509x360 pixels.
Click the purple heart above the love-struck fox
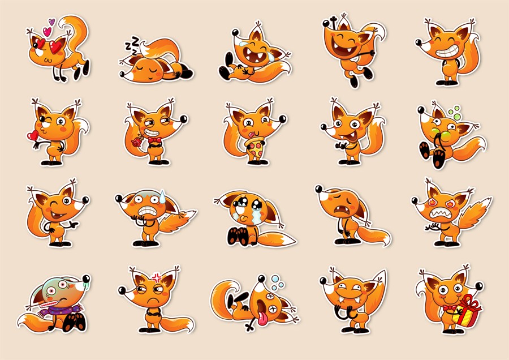pos(51,22)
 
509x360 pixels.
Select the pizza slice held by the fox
pos(256,148)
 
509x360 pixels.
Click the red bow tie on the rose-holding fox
pos(154,140)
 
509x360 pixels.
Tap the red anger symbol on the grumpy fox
pos(157,277)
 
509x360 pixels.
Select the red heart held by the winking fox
pos(32,135)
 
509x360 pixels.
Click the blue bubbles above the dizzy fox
pos(277,282)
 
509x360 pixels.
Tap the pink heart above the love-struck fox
pos(48,32)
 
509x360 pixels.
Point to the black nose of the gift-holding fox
pos(479,286)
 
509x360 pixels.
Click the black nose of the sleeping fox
pos(122,74)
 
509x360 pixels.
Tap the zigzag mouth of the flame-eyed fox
pos(439,213)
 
